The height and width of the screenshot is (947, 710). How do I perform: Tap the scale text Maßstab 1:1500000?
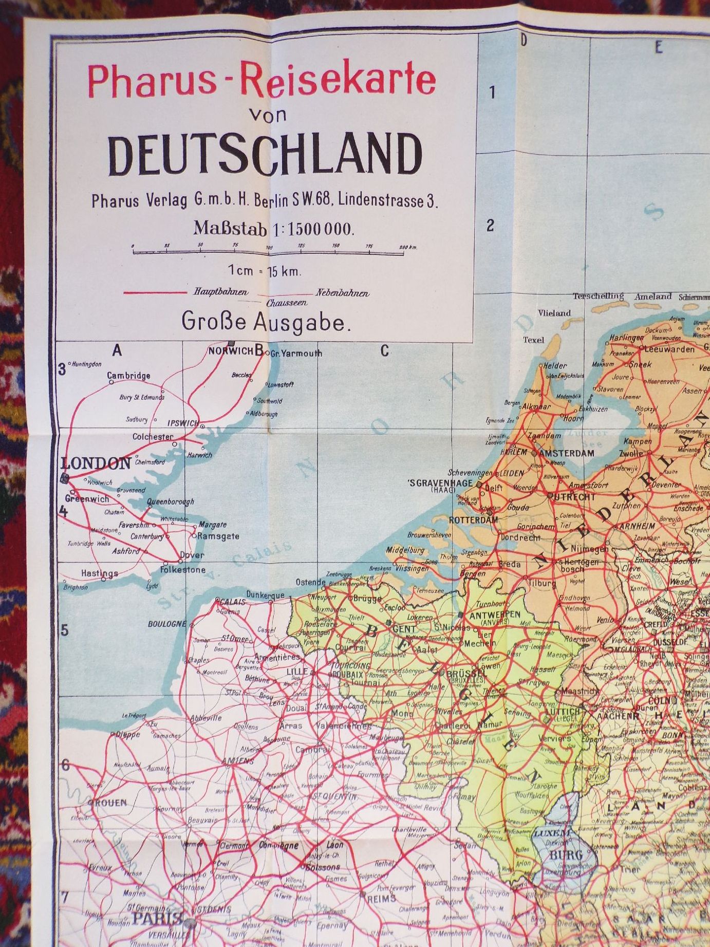tap(273, 228)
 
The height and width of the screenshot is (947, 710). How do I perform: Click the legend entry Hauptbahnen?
tap(220, 292)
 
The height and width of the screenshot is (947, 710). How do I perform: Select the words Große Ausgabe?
tap(266, 322)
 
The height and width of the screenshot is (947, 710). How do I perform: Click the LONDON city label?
tap(96, 463)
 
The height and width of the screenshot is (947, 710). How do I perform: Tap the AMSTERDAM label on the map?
tap(567, 453)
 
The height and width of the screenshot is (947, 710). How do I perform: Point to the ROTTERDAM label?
tap(473, 520)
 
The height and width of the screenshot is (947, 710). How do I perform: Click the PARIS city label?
tap(157, 918)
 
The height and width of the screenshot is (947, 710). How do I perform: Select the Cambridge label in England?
tap(128, 376)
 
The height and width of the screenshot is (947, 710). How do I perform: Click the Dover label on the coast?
tap(192, 555)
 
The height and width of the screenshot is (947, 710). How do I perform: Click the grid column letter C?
tap(385, 351)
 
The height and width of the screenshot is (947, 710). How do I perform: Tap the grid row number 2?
tap(490, 225)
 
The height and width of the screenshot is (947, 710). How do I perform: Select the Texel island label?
tap(533, 340)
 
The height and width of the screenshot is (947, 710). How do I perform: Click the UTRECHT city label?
tap(574, 497)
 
